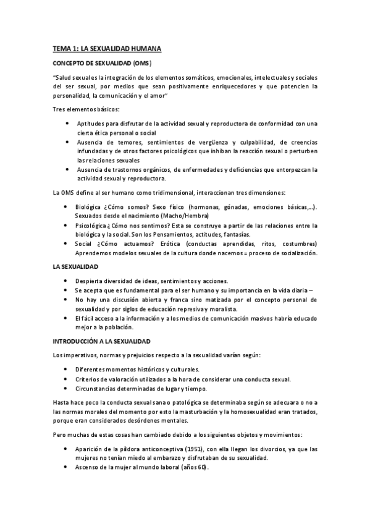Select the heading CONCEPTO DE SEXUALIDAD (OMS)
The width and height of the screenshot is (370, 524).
pyautogui.click(x=102, y=64)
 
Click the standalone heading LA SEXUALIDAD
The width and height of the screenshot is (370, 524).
pyautogui.click(x=76, y=266)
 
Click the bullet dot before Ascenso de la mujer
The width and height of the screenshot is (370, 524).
pyautogui.click(x=67, y=467)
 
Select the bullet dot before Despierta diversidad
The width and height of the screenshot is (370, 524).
pyautogui.click(x=67, y=280)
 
